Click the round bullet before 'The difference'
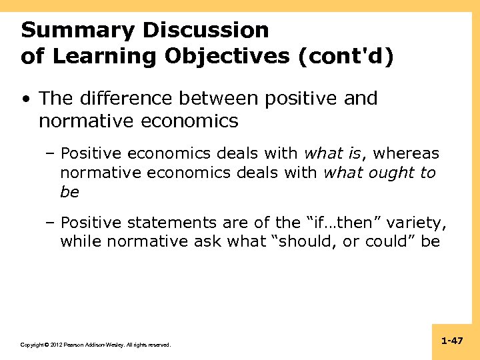pos(25,99)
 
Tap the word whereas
pos(406,154)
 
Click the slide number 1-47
pos(451,341)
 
